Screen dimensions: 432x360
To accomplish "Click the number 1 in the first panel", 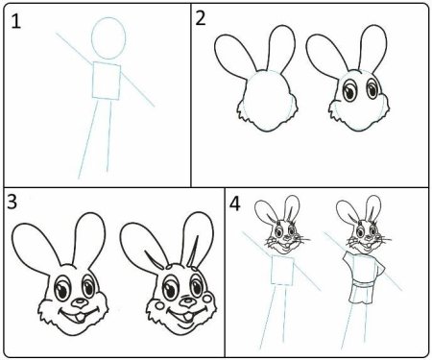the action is pyautogui.click(x=15, y=22).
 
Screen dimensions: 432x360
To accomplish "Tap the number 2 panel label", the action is pyautogui.click(x=201, y=18).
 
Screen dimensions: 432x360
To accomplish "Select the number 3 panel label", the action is pyautogui.click(x=12, y=202).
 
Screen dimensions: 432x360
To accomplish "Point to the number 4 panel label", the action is pyautogui.click(x=235, y=204).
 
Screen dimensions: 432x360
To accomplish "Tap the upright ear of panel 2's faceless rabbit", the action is pyautogui.click(x=281, y=50).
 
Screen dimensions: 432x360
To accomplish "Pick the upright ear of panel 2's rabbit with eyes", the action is pyautogui.click(x=373, y=49).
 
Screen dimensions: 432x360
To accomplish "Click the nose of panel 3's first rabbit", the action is pyautogui.click(x=79, y=303).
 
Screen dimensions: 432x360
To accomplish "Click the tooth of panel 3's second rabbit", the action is pyautogui.click(x=188, y=317).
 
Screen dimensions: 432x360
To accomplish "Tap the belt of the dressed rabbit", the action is pyautogui.click(x=362, y=284).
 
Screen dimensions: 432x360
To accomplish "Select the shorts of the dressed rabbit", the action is pyautogui.click(x=361, y=296).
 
